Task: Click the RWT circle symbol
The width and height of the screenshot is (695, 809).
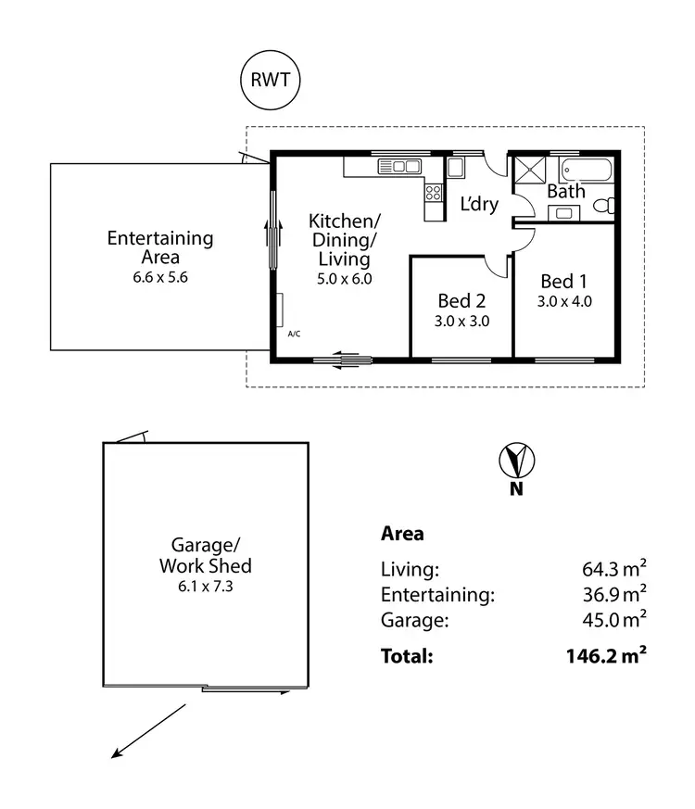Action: [270, 79]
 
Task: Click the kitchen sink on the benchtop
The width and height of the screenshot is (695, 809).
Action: [399, 167]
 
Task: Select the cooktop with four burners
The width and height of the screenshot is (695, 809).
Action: [433, 194]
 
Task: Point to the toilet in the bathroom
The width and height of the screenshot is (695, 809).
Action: [604, 205]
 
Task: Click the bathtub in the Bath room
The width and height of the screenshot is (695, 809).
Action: [586, 171]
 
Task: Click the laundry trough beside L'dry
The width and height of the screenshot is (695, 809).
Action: [456, 168]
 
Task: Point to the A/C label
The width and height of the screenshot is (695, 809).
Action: [294, 333]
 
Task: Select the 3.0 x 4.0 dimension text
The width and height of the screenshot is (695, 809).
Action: [564, 300]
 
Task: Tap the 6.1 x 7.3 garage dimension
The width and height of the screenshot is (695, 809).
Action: [205, 585]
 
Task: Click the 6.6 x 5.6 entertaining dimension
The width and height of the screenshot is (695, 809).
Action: [159, 276]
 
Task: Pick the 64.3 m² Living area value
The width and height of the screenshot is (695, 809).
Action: [608, 569]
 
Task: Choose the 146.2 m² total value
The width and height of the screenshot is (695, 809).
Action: [605, 656]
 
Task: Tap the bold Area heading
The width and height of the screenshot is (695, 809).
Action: [402, 533]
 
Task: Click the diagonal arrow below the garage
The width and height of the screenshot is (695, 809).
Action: [148, 731]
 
